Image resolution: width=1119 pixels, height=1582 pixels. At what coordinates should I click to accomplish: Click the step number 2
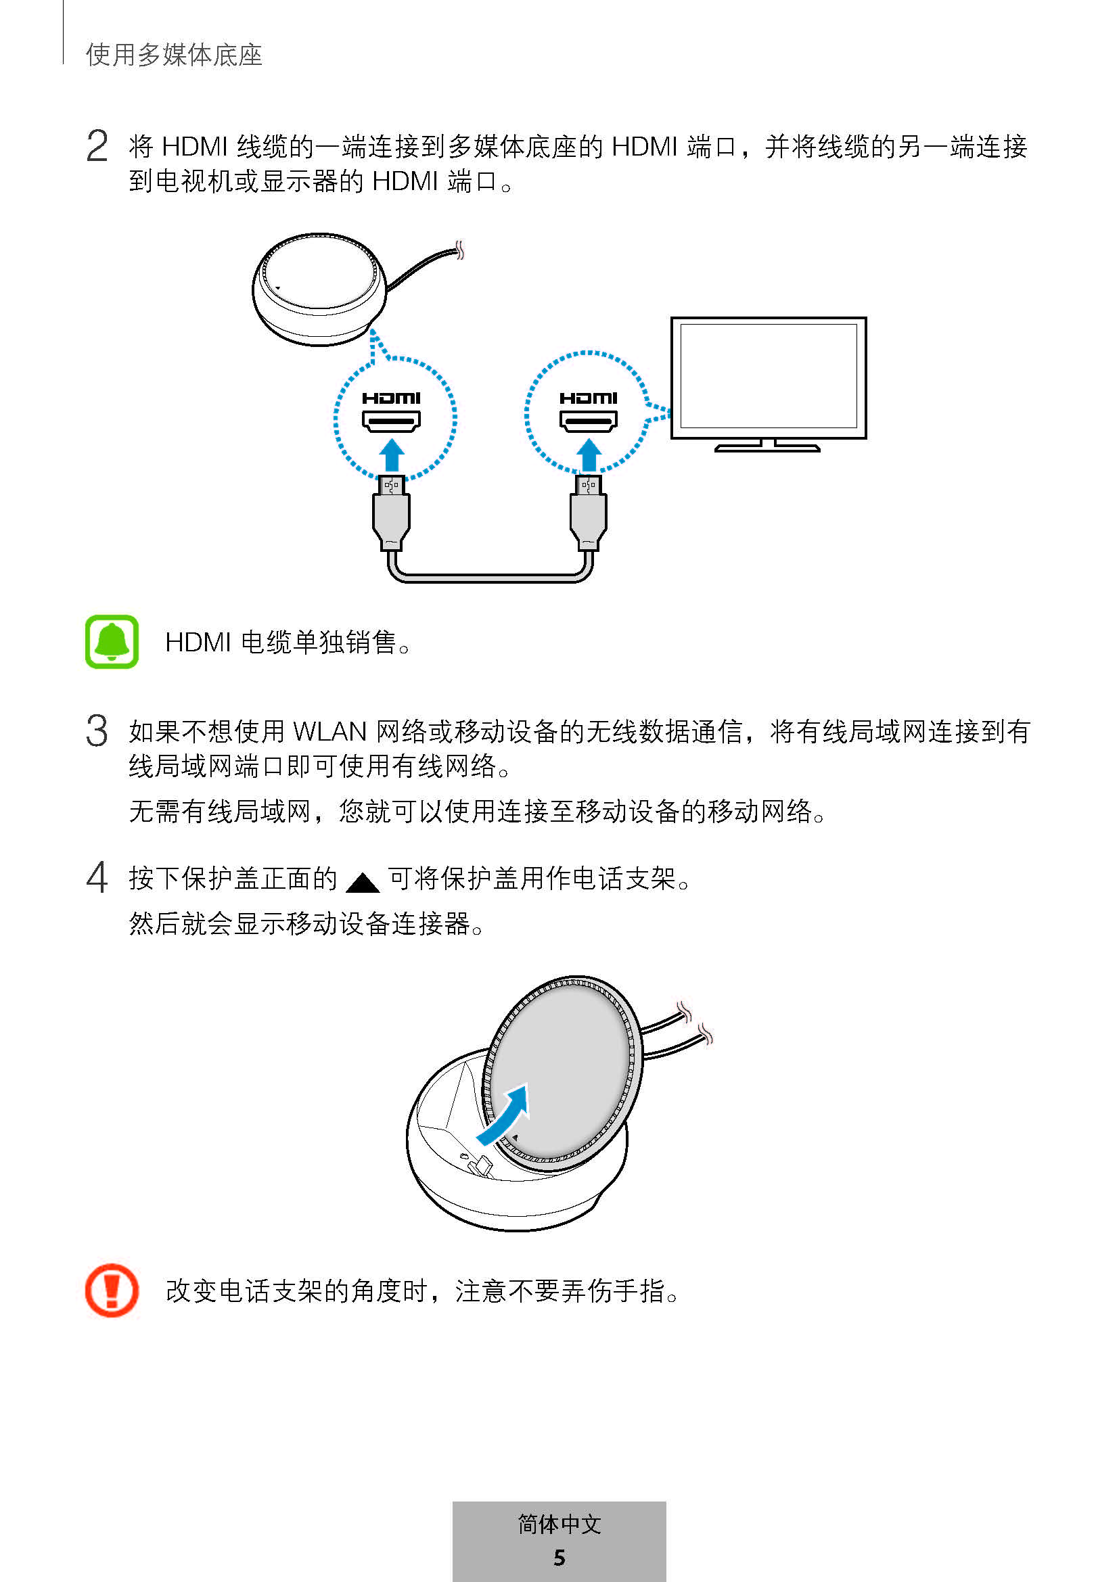[x=97, y=146]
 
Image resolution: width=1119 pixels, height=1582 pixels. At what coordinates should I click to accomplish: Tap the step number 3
[x=97, y=730]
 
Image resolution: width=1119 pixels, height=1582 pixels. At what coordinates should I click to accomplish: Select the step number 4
[x=97, y=877]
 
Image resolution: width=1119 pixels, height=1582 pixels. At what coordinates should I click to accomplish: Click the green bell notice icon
[x=112, y=641]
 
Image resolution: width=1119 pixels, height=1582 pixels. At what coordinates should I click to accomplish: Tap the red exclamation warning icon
[x=112, y=1290]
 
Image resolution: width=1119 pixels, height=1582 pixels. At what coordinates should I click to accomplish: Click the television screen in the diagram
[x=769, y=377]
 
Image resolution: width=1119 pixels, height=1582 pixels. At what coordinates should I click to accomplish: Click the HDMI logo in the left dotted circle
[x=391, y=398]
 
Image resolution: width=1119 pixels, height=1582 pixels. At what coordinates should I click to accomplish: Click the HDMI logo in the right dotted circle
[x=589, y=398]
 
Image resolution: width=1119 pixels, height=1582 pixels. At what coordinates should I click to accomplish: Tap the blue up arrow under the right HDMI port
[x=589, y=455]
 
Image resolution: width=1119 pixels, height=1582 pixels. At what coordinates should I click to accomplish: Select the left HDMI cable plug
[x=391, y=513]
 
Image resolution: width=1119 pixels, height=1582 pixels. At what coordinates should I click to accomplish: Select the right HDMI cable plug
[x=589, y=513]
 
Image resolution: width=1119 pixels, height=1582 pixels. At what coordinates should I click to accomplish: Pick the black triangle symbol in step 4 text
[x=363, y=882]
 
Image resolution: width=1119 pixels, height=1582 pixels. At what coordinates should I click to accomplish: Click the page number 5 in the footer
[x=559, y=1557]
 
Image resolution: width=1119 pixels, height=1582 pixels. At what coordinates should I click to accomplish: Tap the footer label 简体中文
[x=559, y=1524]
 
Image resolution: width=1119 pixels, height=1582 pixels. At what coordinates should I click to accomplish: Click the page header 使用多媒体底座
[x=175, y=55]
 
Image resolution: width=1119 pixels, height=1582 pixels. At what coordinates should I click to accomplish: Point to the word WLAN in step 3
[x=330, y=731]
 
